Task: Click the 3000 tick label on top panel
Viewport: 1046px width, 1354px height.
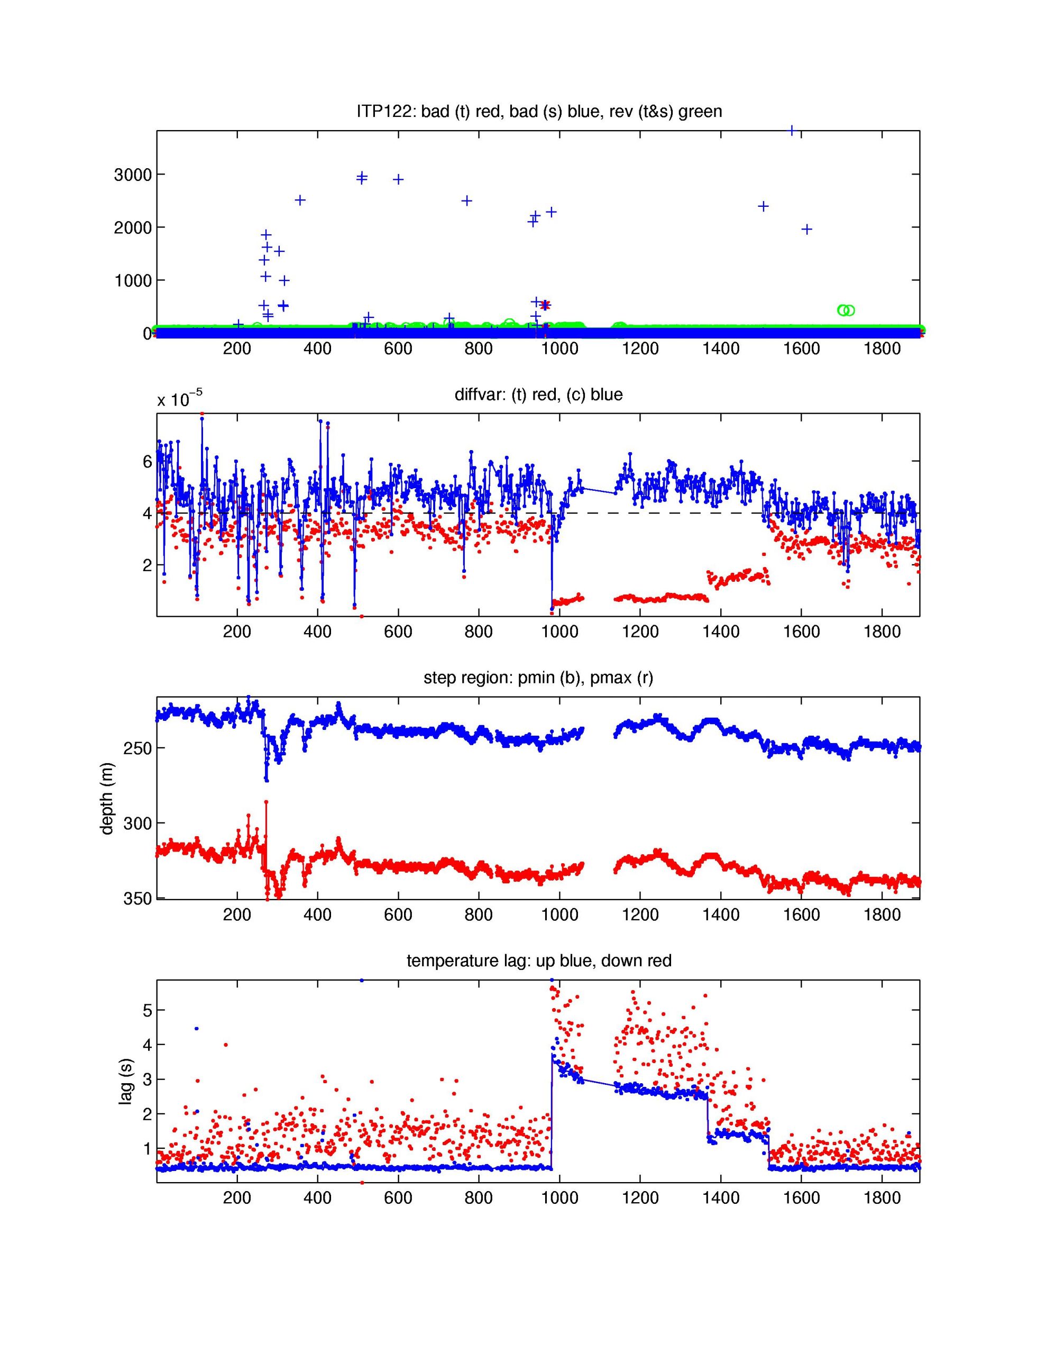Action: (132, 175)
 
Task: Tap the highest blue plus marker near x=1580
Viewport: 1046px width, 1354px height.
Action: (792, 131)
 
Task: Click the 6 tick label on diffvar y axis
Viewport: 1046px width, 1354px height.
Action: (147, 461)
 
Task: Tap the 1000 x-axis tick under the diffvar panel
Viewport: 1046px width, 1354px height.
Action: (559, 633)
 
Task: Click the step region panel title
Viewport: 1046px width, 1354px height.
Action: (538, 678)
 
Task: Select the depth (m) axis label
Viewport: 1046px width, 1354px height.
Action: (107, 798)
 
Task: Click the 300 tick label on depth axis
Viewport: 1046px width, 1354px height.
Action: (138, 824)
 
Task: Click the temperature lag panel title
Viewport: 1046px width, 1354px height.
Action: (538, 961)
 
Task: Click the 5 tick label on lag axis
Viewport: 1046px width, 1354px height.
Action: (147, 1010)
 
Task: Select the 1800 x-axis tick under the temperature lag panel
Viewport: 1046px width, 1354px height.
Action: (882, 1198)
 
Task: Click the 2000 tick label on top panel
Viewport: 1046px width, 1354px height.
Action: (132, 227)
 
